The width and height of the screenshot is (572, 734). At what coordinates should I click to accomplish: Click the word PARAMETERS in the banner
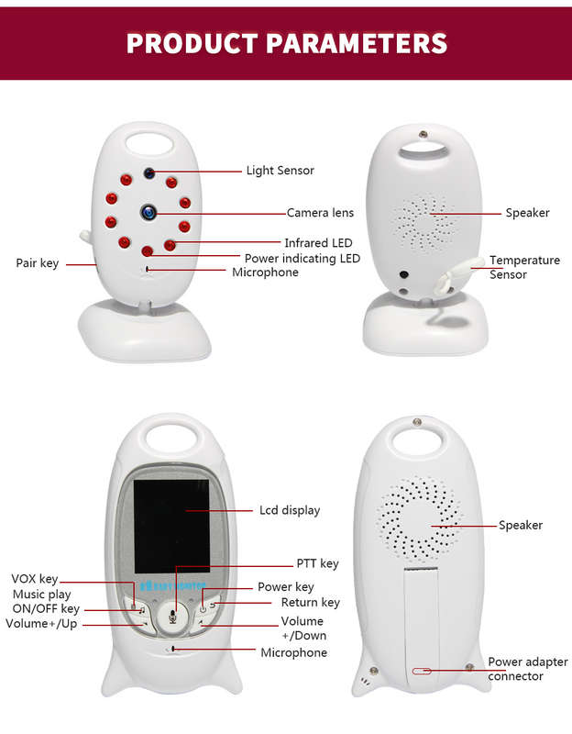coord(357,43)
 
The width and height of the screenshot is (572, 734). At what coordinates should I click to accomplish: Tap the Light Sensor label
coord(280,171)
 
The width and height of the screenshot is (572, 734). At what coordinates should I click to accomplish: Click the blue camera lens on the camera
coord(148,213)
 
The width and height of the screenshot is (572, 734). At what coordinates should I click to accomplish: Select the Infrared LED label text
coord(318,242)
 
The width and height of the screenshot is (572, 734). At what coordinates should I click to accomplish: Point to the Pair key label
coord(38,263)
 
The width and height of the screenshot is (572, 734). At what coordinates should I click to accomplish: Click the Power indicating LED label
coord(302,259)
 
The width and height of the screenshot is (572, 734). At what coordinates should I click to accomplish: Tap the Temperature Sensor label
coord(524,267)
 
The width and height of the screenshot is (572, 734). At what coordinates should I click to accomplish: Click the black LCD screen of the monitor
coord(171,526)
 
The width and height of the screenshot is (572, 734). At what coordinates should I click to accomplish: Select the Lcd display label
coord(290,510)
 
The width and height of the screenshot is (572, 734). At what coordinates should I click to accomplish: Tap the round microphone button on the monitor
coord(172,617)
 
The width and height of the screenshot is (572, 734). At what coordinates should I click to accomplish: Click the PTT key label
coord(317,563)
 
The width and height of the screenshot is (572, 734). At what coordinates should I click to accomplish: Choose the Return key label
coord(310,603)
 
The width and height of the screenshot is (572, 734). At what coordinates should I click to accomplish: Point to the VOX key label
coord(35,579)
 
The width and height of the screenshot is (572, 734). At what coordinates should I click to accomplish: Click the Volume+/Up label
coord(41,624)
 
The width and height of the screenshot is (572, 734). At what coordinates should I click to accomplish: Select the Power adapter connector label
coord(528,669)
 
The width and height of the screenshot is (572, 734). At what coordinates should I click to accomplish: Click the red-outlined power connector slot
coord(422,672)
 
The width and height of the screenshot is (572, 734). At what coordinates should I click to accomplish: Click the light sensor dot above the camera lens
coord(149,173)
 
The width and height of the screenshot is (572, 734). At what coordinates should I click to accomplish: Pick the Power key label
coord(285,587)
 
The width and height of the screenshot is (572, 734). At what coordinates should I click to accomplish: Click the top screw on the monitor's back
coord(417,422)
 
